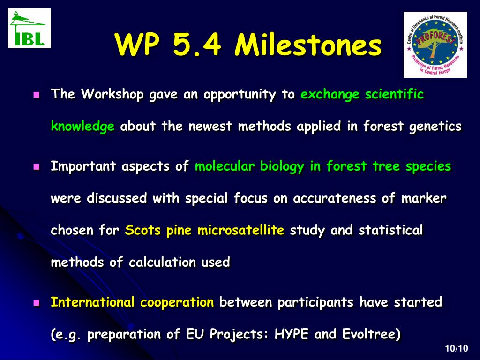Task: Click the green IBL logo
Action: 30,28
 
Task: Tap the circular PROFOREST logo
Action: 435,45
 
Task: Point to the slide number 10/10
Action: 457,348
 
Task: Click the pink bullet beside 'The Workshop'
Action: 37,95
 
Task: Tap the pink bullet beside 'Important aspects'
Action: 37,167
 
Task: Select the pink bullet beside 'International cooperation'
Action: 37,303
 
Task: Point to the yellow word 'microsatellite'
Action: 241,230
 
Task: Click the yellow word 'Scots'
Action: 142,230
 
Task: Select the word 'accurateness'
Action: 335,198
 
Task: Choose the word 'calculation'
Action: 162,262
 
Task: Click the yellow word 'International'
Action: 92,302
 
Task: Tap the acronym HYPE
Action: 292,334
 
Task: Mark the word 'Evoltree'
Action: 368,334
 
